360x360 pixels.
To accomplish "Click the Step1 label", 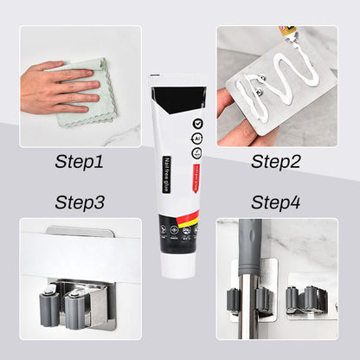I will tap(79, 161).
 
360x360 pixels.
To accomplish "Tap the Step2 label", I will tap(276, 161).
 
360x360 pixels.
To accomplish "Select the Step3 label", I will tap(79, 202).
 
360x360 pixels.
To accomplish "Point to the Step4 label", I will tap(276, 202).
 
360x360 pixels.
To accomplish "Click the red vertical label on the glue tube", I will tap(197, 172).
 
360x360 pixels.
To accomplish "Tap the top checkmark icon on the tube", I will tap(198, 124).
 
